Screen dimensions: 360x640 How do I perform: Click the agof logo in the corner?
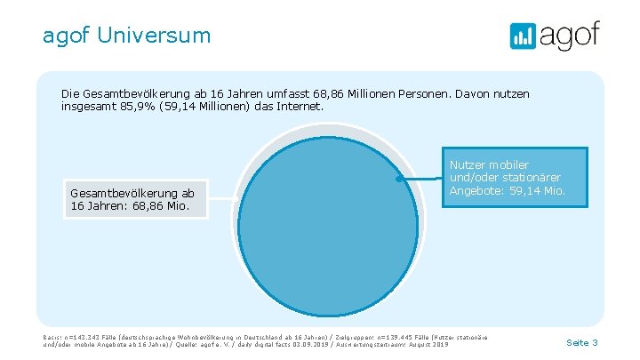pos(555,36)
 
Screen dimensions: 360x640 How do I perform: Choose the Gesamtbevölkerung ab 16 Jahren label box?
pos(137,200)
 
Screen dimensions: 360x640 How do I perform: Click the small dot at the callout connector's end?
pos(400,179)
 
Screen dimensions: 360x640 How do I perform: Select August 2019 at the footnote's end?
pos(429,344)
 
